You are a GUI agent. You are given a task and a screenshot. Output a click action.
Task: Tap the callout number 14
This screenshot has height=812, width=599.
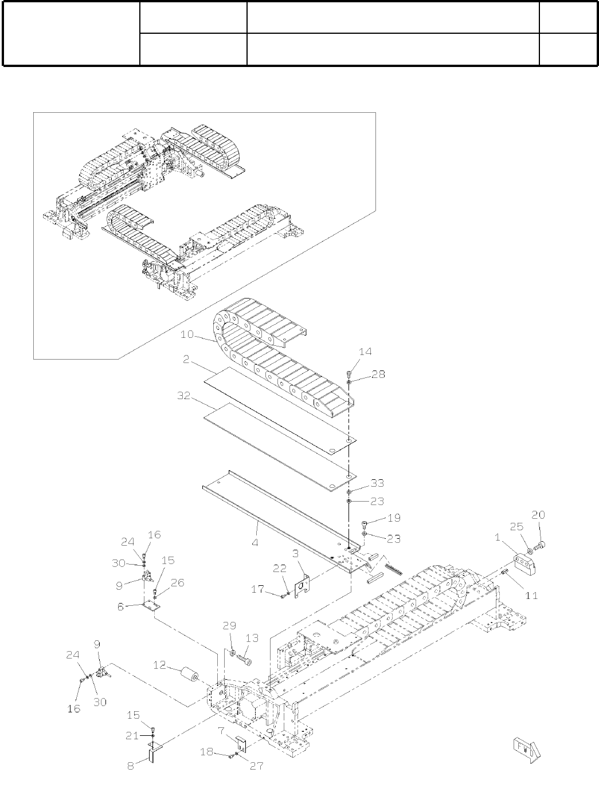click(365, 352)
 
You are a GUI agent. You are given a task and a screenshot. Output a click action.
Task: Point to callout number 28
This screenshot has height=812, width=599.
click(378, 375)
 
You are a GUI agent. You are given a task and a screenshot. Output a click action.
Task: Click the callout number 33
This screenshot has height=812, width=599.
click(377, 483)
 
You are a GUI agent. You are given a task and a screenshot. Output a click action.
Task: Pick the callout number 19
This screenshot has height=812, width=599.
click(394, 518)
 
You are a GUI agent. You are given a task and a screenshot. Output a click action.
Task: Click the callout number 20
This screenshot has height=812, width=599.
click(538, 515)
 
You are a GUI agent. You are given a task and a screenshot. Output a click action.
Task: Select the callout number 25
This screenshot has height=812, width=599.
click(516, 525)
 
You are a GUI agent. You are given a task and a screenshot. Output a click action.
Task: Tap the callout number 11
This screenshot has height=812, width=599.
click(531, 595)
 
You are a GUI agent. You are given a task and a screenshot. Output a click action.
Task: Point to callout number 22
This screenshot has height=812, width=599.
click(279, 567)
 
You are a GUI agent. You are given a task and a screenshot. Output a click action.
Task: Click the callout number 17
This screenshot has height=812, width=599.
click(259, 589)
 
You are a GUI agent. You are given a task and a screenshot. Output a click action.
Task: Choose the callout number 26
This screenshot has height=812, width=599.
click(178, 583)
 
